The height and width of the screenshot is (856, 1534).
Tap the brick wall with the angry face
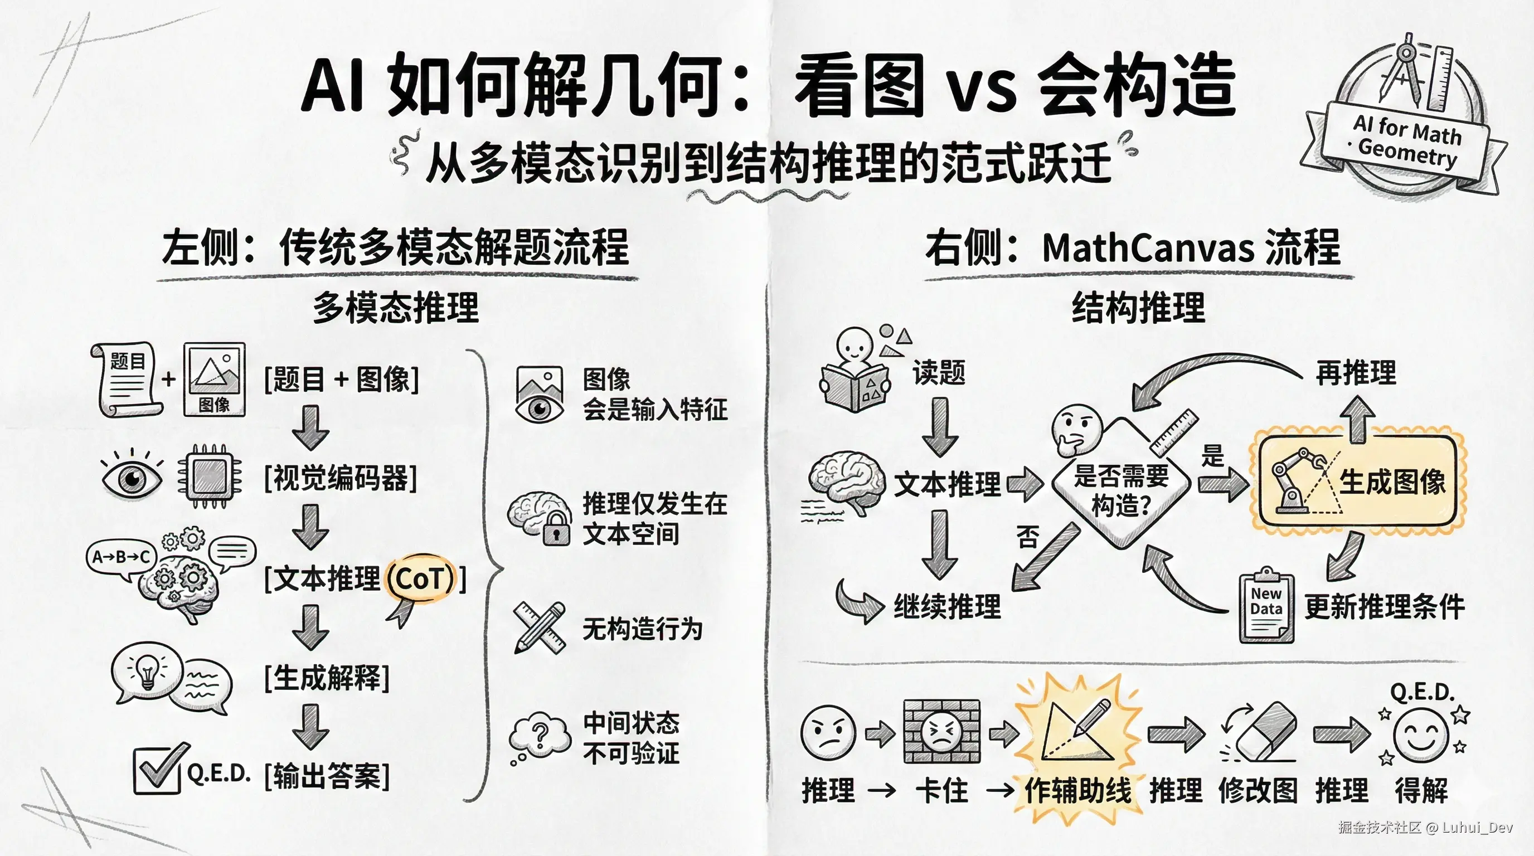(941, 731)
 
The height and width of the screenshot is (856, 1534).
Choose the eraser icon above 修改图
(1266, 731)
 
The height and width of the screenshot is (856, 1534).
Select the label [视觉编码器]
(341, 479)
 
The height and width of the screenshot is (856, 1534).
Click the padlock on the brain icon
(556, 529)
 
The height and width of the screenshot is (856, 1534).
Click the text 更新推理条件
(1384, 607)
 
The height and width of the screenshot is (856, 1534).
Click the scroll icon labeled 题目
(126, 379)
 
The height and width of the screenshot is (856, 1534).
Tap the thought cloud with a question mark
(540, 736)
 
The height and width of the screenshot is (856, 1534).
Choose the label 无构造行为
(643, 629)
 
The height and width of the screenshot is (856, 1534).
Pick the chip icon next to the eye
(210, 476)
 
